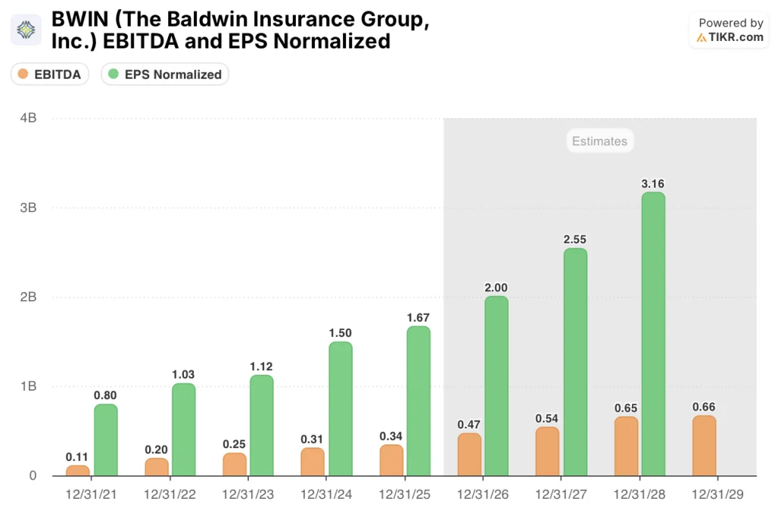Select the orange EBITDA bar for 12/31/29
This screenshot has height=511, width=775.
pos(705,446)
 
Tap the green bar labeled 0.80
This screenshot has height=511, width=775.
pos(106,440)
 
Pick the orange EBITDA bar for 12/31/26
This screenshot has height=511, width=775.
pos(469,454)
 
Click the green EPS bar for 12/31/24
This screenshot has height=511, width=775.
pos(341,409)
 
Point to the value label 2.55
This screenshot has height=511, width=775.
pos(575,239)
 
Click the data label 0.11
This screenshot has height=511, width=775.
pos(77,456)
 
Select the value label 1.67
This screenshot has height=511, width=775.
pos(418,317)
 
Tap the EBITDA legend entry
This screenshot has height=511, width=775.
pos(50,74)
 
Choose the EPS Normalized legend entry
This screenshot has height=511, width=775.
pos(165,74)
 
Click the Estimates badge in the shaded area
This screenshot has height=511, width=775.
pos(599,141)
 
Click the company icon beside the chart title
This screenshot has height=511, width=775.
pos(26,30)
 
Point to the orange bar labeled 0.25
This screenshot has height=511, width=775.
pos(235,464)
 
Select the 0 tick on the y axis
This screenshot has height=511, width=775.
pos(33,475)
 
